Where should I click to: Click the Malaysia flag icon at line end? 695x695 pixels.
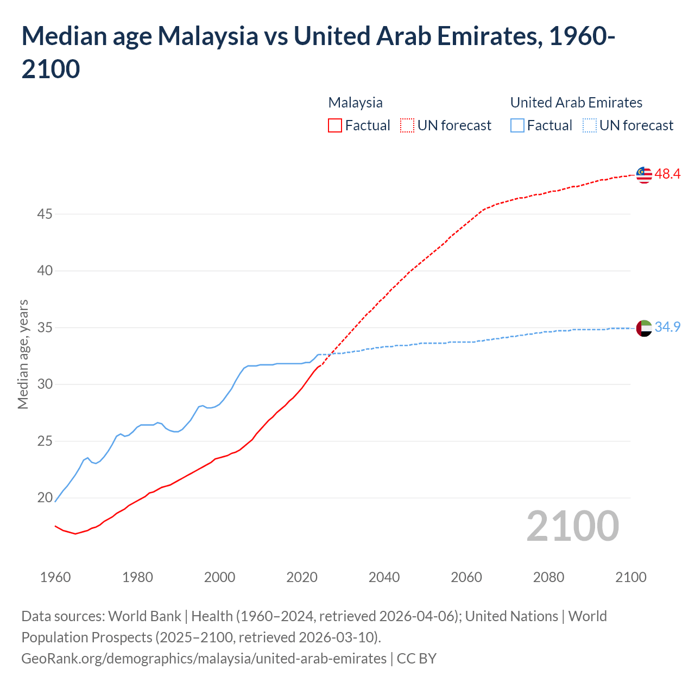click(644, 175)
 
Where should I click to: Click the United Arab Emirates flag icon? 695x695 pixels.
click(644, 328)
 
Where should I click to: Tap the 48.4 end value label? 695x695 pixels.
click(667, 174)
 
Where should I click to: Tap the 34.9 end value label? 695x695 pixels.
click(667, 327)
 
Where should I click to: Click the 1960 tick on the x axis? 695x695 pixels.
click(55, 577)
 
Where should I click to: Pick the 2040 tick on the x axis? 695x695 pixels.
click(384, 577)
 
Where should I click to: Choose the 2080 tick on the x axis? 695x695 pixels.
click(548, 577)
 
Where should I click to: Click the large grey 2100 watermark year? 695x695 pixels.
click(572, 526)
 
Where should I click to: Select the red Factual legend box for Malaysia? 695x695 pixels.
click(335, 125)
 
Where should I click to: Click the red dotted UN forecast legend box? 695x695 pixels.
click(407, 125)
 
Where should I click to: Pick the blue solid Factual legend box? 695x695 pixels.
click(517, 125)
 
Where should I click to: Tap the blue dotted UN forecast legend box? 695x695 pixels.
click(589, 125)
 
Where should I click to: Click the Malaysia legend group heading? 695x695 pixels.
click(355, 103)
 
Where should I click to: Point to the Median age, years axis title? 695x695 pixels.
click(23, 354)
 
